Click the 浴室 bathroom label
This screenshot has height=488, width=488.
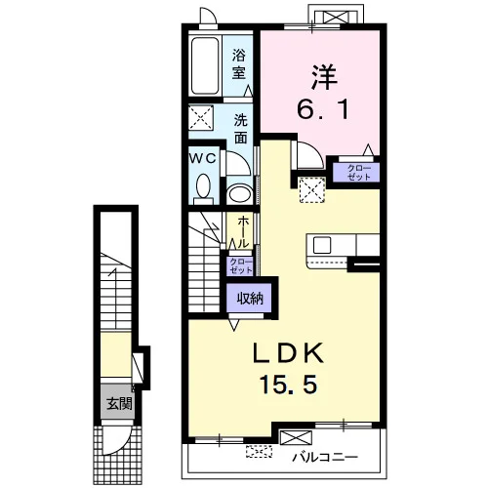coord(238,63)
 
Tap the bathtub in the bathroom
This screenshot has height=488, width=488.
coord(205,65)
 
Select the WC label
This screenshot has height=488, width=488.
coord(203,158)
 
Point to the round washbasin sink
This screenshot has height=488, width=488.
coord(240,194)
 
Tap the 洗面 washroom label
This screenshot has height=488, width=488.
coord(241,129)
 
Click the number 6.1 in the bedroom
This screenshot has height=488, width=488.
coord(323,109)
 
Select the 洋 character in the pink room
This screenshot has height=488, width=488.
coord(324,77)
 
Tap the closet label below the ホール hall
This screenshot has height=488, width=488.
coord(241,265)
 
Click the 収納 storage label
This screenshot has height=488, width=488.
coord(250,298)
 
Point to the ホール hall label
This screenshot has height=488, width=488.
coord(243,231)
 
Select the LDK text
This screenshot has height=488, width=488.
coord(289,353)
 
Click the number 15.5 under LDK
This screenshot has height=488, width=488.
coord(288,384)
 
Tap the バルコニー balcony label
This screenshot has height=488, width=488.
coord(325,458)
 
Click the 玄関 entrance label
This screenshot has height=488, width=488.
coord(119,403)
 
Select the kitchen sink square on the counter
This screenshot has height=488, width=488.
coord(322,245)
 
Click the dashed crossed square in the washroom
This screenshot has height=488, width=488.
coord(201,117)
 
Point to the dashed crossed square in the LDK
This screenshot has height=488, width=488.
coord(312,190)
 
